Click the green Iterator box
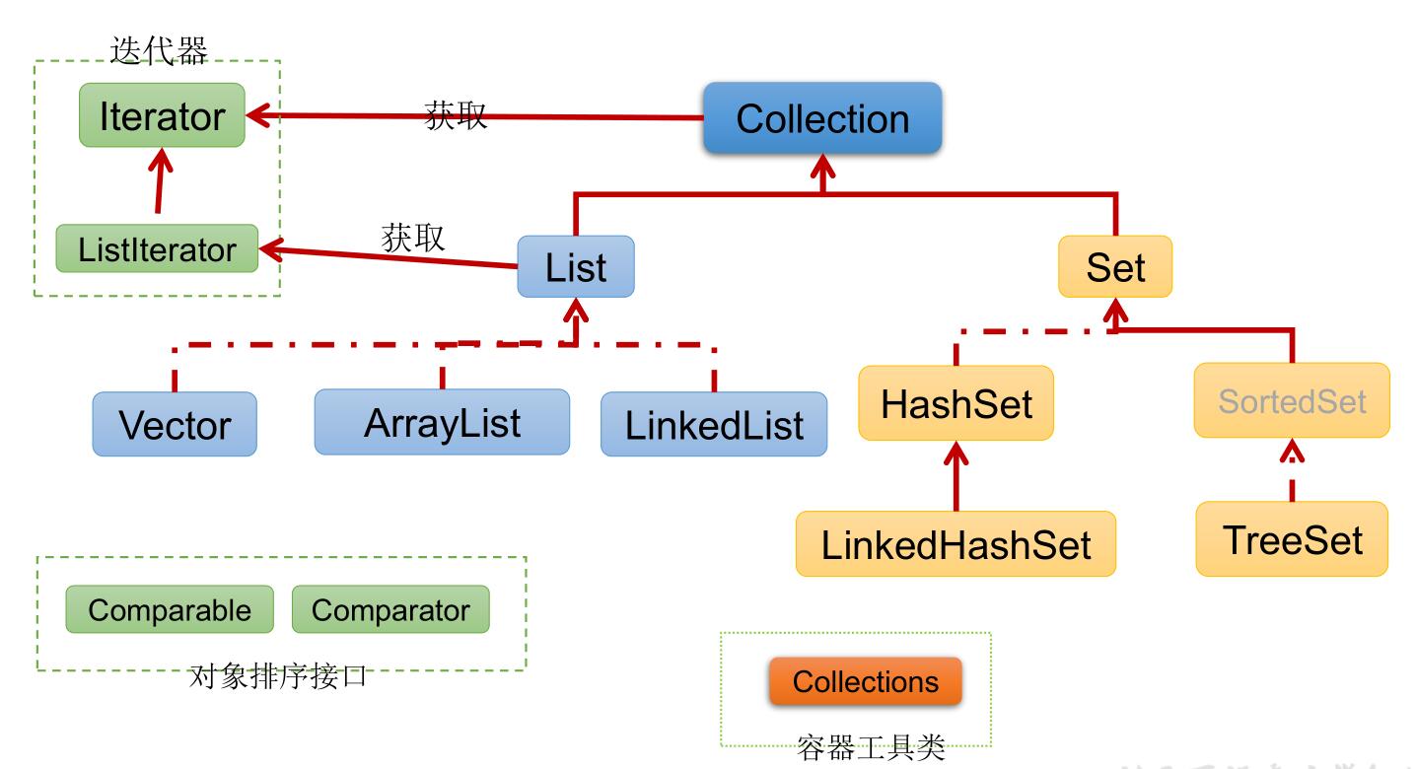click(x=162, y=115)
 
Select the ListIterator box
click(x=157, y=248)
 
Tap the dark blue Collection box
click(x=822, y=117)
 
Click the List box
click(x=576, y=266)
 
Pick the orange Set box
click(x=1115, y=266)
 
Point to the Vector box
click(x=175, y=424)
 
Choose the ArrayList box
click(x=442, y=422)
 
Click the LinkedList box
click(x=714, y=424)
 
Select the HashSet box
click(x=956, y=403)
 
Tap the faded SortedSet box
click(x=1292, y=400)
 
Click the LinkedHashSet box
click(x=956, y=544)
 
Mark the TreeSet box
click(x=1292, y=539)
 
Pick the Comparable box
click(x=170, y=609)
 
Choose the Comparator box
click(x=390, y=609)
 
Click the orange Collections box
click(x=866, y=681)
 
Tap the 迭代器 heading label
click(x=159, y=50)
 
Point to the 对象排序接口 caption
click(x=278, y=676)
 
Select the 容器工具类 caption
click(x=871, y=748)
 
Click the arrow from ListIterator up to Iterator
click(x=160, y=180)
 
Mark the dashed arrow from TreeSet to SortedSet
click(x=1292, y=470)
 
